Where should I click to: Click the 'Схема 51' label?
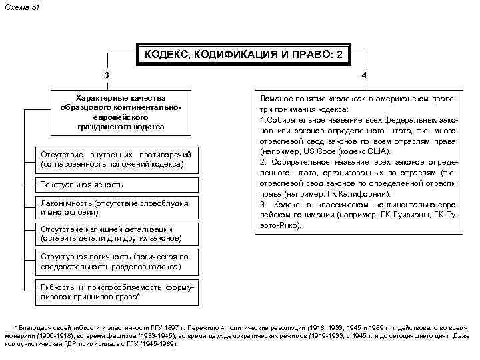click(22, 6)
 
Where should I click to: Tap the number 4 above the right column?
click(364, 75)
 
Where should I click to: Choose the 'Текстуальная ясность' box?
click(115, 184)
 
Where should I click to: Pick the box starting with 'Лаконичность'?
click(115, 207)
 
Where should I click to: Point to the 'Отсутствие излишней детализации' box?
click(115, 233)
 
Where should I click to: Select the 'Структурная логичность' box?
click(115, 261)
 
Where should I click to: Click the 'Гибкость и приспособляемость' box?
click(115, 291)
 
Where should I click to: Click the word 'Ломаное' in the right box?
click(277, 99)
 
